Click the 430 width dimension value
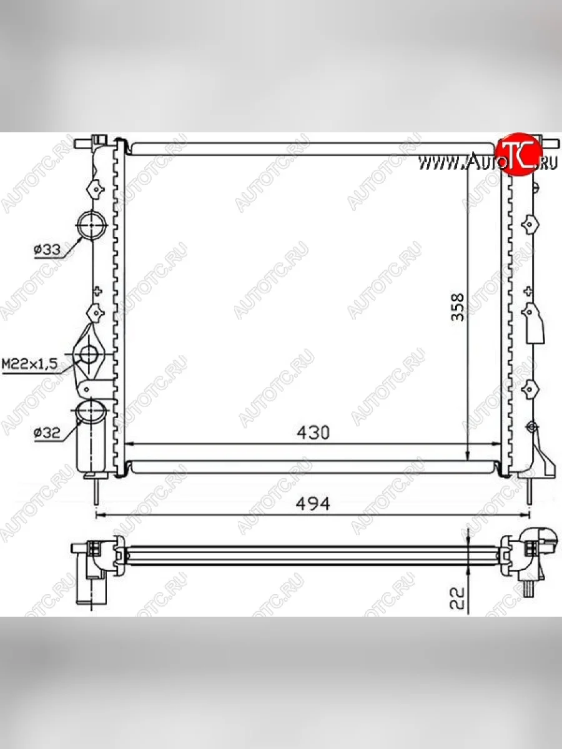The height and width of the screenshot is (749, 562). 313,433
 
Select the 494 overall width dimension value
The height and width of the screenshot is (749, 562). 313,504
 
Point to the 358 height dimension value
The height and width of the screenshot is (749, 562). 458,306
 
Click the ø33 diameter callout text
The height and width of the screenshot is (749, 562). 47,250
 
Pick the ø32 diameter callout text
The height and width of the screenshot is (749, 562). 47,433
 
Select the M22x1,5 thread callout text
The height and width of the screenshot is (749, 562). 29,364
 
